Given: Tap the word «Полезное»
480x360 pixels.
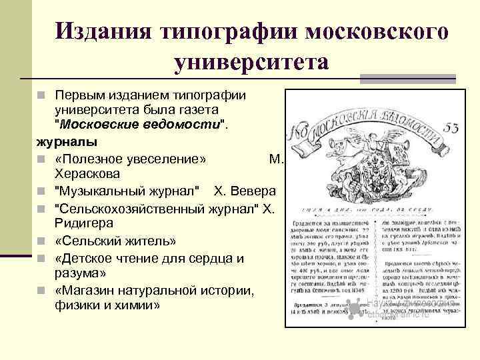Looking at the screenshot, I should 89,158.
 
